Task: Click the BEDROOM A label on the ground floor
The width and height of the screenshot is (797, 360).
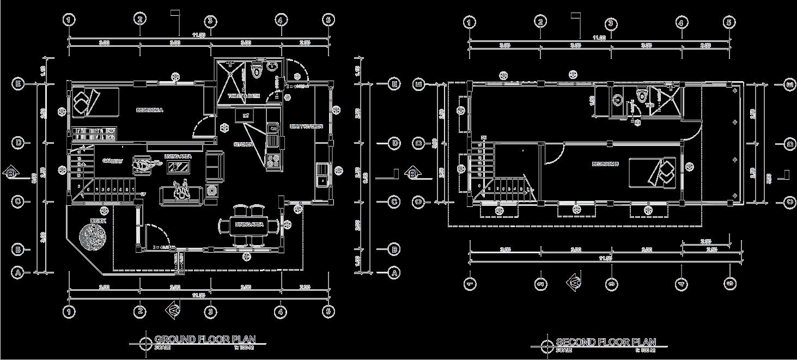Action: pos(149,110)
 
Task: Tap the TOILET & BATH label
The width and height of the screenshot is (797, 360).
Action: pos(243,96)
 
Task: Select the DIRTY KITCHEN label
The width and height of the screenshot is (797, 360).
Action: pos(307,127)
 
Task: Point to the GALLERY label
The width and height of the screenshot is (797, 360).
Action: pos(113,161)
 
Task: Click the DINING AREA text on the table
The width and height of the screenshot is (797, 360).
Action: pos(250,224)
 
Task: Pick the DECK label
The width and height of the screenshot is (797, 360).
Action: pos(98,221)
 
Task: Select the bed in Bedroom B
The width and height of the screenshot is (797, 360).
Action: pos(652,172)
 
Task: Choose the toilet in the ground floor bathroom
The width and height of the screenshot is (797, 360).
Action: pos(257,71)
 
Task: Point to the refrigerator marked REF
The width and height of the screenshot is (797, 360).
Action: pos(245,115)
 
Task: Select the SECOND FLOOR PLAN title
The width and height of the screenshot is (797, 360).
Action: pos(605,342)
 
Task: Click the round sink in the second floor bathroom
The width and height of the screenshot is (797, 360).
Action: pos(618,100)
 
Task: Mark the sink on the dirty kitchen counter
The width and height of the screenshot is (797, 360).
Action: pos(323,180)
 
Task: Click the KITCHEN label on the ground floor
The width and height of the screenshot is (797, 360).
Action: pos(243,144)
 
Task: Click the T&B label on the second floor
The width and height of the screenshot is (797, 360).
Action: pos(650,105)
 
